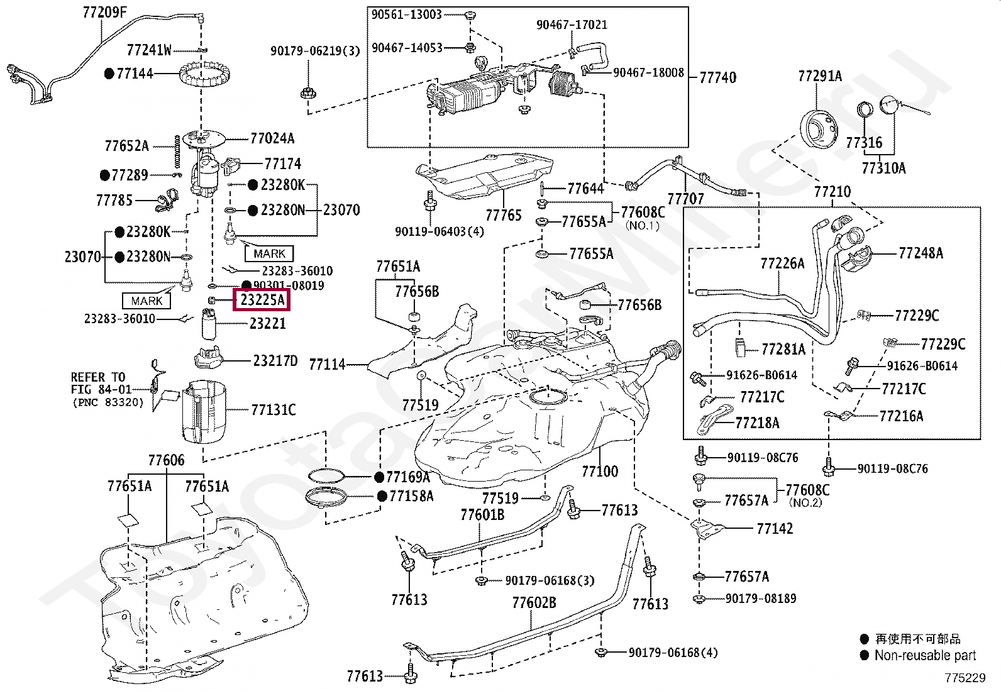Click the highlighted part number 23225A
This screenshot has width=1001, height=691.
click(x=262, y=301)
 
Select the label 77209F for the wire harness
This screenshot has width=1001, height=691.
click(x=104, y=12)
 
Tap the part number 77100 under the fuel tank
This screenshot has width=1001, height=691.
click(x=599, y=471)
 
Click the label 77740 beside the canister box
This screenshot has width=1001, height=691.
click(x=717, y=77)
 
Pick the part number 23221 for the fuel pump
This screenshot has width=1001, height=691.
click(x=267, y=324)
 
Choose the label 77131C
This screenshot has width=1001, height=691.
click(x=273, y=410)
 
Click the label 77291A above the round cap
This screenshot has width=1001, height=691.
click(x=819, y=76)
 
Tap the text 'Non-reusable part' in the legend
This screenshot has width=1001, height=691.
click(x=925, y=655)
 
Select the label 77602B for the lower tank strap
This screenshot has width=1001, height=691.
click(x=534, y=603)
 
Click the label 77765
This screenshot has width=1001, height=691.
click(x=504, y=215)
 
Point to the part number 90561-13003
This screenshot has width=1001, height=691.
click(x=406, y=14)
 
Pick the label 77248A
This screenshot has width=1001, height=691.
click(x=921, y=253)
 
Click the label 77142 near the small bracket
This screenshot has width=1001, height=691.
click(x=775, y=528)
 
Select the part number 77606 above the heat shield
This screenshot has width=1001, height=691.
click(x=167, y=460)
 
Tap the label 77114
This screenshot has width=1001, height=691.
click(x=327, y=364)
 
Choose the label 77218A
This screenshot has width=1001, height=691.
click(x=757, y=423)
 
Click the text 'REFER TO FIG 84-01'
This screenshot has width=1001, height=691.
click(x=101, y=383)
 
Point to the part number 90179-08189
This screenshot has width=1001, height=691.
click(x=760, y=599)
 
